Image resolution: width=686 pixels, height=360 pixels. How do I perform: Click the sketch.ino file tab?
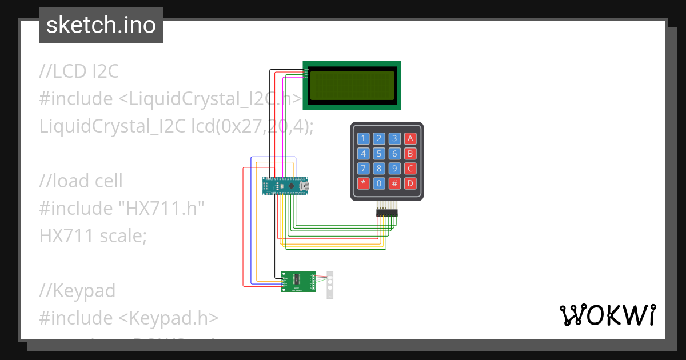click(x=101, y=25)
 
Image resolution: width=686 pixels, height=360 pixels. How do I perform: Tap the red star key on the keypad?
click(x=363, y=183)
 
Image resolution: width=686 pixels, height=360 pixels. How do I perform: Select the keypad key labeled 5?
click(x=378, y=153)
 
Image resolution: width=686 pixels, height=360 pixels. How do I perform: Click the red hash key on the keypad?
click(x=394, y=183)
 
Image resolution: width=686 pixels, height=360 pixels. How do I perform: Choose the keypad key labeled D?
click(x=410, y=183)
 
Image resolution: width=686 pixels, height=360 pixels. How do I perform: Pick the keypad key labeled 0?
click(x=378, y=183)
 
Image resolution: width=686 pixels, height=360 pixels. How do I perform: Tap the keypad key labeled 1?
click(x=363, y=138)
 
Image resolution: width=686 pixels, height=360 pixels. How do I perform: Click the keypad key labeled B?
click(x=410, y=153)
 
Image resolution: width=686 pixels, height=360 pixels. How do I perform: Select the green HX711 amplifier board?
click(x=298, y=281)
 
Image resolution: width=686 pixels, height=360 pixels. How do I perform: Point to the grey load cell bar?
click(x=329, y=284)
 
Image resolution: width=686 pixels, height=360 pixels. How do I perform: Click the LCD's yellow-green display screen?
click(x=352, y=85)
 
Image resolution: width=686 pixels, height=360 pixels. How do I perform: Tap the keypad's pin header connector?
click(x=387, y=212)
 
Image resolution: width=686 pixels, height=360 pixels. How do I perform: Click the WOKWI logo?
click(x=607, y=315)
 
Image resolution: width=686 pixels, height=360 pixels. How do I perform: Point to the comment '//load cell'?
click(x=81, y=181)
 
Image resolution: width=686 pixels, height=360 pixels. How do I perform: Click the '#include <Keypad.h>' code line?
click(x=129, y=318)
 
